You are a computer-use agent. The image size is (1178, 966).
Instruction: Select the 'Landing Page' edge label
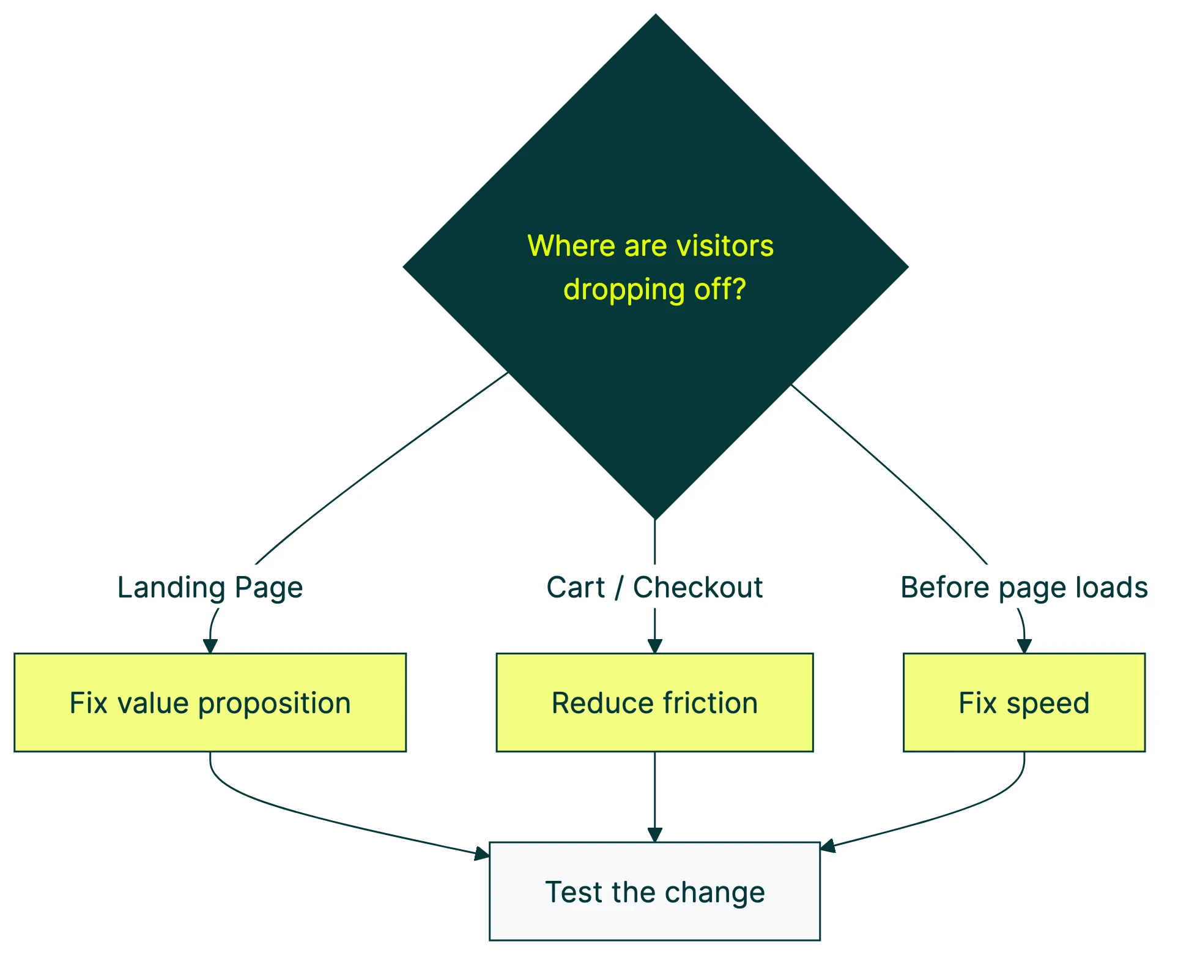point(210,588)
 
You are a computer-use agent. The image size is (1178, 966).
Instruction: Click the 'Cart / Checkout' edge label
point(654,588)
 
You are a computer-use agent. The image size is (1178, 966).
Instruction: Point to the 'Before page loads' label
point(1024,588)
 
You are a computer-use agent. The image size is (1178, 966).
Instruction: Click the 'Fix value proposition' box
point(210,702)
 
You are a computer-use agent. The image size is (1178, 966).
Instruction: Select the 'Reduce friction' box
point(654,702)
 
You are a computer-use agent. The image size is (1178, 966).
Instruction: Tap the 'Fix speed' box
point(1024,702)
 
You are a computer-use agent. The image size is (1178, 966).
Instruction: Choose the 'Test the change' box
point(654,891)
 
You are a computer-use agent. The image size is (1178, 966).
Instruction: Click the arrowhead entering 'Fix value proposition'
point(210,646)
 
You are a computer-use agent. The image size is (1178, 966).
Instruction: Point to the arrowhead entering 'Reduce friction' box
point(655,646)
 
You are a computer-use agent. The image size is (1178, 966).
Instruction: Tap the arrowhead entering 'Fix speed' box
point(1024,646)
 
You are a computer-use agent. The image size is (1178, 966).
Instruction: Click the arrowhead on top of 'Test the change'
point(655,835)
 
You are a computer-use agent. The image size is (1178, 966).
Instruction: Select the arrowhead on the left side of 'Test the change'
point(483,853)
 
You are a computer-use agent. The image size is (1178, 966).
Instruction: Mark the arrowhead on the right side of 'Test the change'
point(828,847)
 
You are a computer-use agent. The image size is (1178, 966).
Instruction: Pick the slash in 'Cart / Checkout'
point(619,588)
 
